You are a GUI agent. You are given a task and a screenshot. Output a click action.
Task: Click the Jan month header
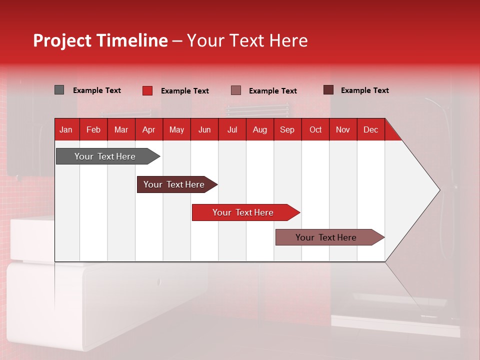click(66, 129)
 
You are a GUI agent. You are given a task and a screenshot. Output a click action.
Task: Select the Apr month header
click(148, 129)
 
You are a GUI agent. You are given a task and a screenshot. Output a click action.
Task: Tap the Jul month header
click(232, 129)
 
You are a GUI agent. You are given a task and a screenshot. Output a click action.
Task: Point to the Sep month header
click(287, 129)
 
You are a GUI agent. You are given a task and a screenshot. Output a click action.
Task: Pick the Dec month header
click(370, 129)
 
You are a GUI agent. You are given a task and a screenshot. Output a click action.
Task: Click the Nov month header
click(342, 129)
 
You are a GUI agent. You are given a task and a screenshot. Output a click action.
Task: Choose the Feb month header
click(93, 129)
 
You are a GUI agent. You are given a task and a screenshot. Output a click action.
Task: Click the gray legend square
click(59, 90)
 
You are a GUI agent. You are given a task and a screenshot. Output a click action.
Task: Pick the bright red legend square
click(147, 90)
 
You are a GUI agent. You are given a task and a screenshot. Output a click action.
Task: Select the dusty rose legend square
click(236, 90)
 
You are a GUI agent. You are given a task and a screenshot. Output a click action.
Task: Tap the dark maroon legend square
click(328, 90)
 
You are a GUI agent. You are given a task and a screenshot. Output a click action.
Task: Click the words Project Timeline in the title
click(100, 40)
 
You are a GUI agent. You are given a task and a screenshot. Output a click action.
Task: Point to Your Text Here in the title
click(247, 40)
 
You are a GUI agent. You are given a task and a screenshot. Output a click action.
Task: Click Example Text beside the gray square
click(97, 90)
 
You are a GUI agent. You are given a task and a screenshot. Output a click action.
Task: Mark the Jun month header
click(204, 129)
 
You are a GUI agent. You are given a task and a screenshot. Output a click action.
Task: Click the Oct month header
click(315, 129)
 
